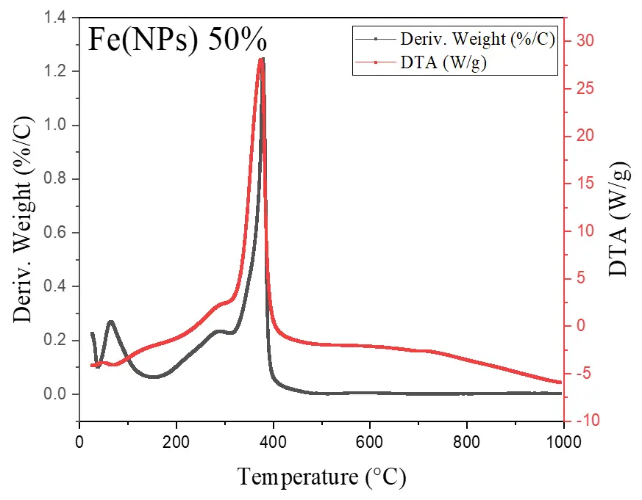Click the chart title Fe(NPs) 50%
click(177, 39)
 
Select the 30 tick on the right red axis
click(584, 40)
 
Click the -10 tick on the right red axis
click(586, 421)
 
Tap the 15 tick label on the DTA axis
click(584, 183)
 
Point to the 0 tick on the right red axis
click(580, 325)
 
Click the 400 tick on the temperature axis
click(273, 441)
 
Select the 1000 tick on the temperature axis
click(563, 441)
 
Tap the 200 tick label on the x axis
click(176, 441)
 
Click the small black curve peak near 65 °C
click(111, 321)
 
